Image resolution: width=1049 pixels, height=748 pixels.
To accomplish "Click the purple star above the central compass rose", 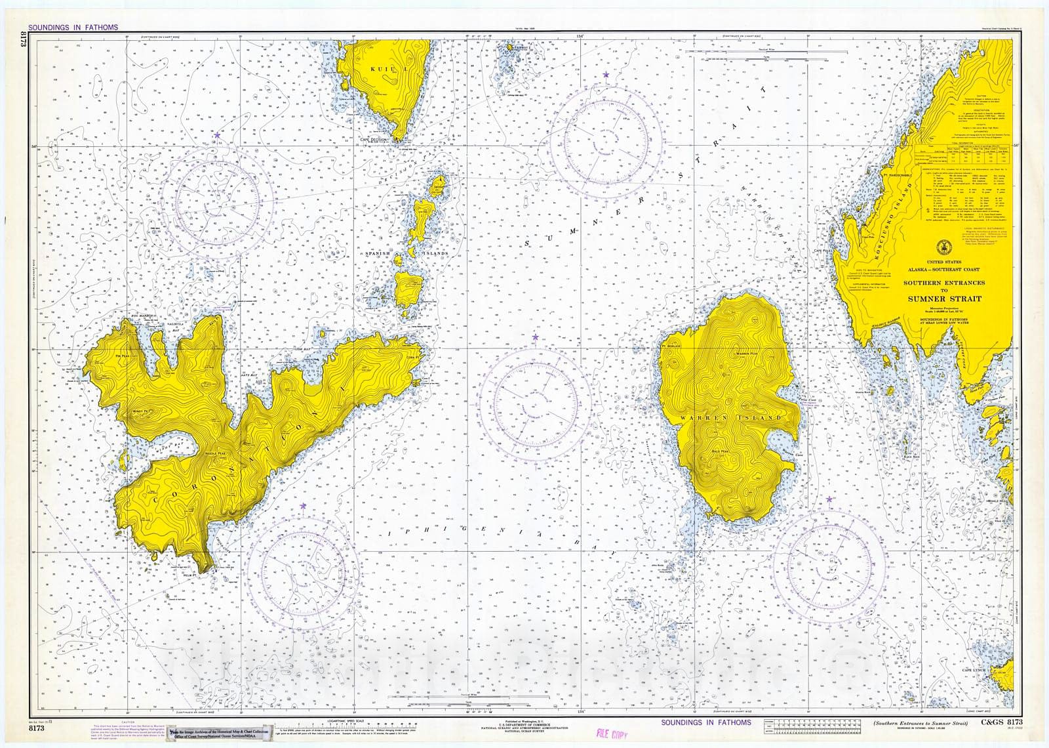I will pos(535,337).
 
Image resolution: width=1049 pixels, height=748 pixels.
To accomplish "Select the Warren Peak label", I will pos(747,354).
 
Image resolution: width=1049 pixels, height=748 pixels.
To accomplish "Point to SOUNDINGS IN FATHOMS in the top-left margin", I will pos(73,28).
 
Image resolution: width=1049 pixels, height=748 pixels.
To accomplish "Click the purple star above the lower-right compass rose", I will pos(829,499).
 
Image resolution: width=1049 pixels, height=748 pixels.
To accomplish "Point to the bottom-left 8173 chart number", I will pos(37,728).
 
